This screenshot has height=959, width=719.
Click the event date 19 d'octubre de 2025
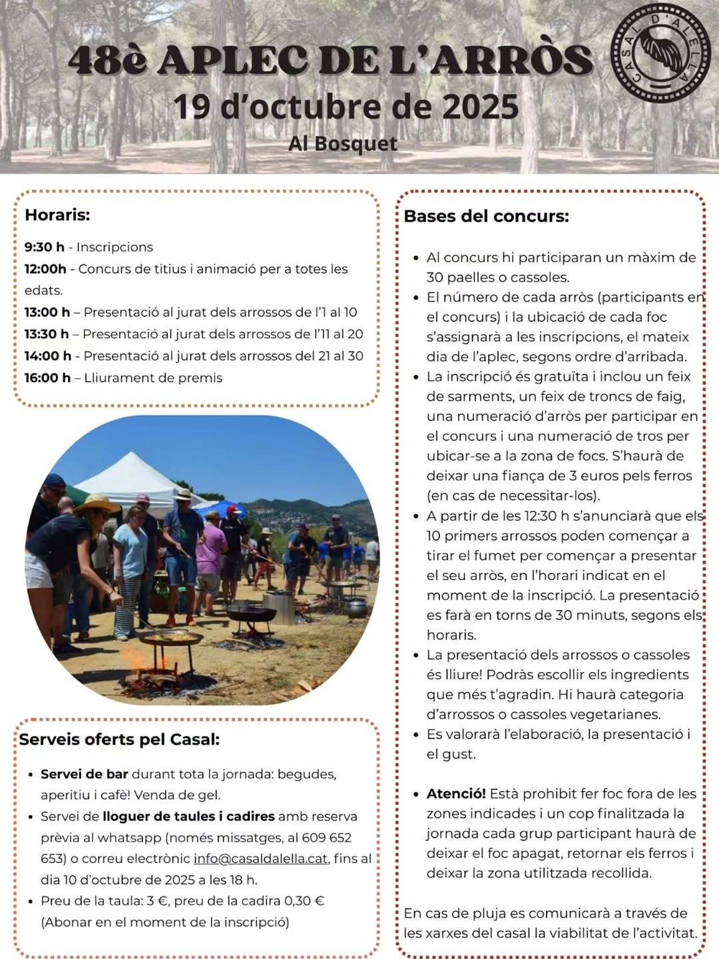(x=346, y=107)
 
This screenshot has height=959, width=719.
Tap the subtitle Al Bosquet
(x=343, y=144)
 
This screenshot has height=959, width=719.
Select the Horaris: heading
(x=57, y=215)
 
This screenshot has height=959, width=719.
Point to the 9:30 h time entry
(x=45, y=247)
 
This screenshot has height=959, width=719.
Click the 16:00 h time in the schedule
(x=47, y=378)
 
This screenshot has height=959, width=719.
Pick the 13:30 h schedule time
(x=47, y=334)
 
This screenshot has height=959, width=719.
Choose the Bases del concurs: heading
(x=486, y=216)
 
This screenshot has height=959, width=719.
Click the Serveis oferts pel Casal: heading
(x=119, y=739)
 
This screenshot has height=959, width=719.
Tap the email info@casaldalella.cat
(x=260, y=858)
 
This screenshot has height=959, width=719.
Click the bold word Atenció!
(x=456, y=794)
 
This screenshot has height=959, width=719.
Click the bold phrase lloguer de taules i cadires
(x=188, y=816)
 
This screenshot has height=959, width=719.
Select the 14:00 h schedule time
(x=47, y=356)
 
